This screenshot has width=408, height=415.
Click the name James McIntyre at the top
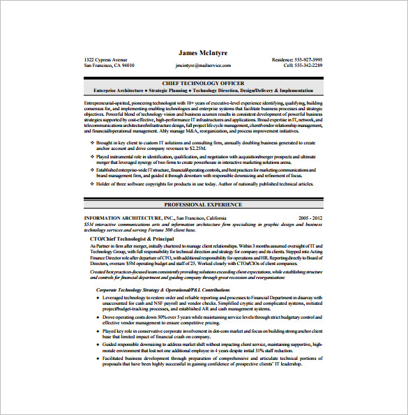coord(204,52)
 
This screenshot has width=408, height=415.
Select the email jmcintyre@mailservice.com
coord(203,65)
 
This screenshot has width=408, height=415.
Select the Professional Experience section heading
coord(204,205)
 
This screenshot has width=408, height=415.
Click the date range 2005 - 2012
coord(310,218)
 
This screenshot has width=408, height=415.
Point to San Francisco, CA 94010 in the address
coord(109,65)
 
